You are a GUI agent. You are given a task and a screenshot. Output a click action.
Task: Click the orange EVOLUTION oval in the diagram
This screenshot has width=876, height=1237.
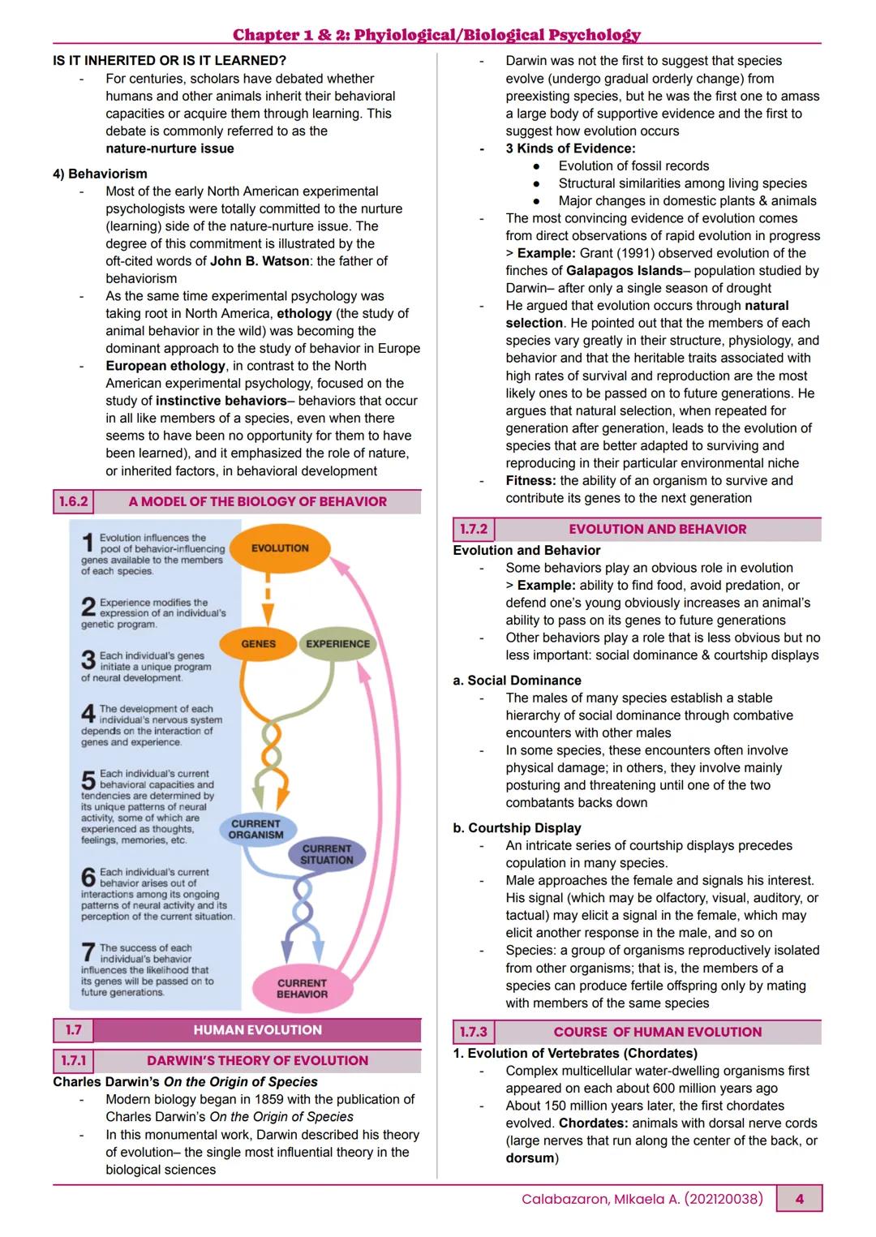tap(280, 548)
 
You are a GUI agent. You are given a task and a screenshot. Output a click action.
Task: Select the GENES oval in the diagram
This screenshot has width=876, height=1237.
tap(258, 644)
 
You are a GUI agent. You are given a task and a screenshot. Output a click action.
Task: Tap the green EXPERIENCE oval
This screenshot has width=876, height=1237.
tap(337, 644)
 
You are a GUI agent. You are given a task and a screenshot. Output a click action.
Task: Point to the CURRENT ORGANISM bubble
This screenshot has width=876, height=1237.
tap(255, 829)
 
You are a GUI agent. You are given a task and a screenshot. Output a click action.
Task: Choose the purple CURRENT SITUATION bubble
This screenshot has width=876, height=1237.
tap(327, 854)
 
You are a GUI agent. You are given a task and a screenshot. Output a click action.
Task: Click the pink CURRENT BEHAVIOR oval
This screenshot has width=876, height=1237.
tap(302, 988)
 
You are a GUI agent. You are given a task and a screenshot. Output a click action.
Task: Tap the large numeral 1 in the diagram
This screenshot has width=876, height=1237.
tap(88, 543)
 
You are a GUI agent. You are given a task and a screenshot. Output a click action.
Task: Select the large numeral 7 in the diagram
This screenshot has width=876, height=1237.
tap(88, 952)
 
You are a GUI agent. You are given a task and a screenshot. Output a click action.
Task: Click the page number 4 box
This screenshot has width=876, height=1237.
tap(799, 1199)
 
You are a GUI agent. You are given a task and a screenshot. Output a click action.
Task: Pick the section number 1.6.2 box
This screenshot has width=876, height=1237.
tap(73, 501)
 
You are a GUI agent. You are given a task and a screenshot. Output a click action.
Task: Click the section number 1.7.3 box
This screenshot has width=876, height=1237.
tap(474, 1032)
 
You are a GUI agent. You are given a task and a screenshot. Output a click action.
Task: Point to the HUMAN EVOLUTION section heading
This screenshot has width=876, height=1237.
tap(257, 1030)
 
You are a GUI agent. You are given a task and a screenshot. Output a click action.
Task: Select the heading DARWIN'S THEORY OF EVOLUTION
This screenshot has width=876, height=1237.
tap(257, 1061)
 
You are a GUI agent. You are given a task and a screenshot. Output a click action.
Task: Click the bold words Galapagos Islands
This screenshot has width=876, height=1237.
tap(624, 271)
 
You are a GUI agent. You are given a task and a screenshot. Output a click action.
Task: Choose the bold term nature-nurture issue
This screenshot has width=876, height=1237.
tap(170, 148)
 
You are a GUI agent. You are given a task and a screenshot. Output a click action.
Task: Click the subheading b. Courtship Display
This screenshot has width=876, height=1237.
tap(517, 828)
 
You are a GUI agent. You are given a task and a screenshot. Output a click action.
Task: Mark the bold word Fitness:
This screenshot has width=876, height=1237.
tap(530, 481)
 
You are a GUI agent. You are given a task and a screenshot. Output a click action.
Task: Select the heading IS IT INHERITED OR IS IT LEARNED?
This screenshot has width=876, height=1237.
tap(169, 61)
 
